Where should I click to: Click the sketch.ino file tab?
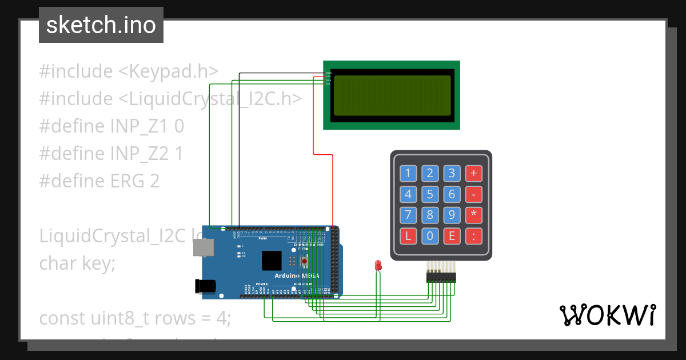tap(101, 25)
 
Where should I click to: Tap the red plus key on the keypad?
tap(473, 173)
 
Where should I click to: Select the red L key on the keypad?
tap(408, 236)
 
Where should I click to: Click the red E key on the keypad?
tap(452, 236)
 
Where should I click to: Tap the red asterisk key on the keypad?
tap(473, 215)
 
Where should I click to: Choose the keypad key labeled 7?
tap(408, 215)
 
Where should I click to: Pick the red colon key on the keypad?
tap(473, 236)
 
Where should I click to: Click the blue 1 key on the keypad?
tap(408, 173)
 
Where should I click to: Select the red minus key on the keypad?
tap(473, 194)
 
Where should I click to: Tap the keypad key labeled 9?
tap(452, 215)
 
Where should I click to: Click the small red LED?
tap(377, 265)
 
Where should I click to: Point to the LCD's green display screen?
tap(392, 95)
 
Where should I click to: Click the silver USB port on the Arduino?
tap(204, 247)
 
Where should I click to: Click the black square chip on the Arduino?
tap(272, 261)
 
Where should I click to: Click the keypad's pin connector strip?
tap(441, 277)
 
